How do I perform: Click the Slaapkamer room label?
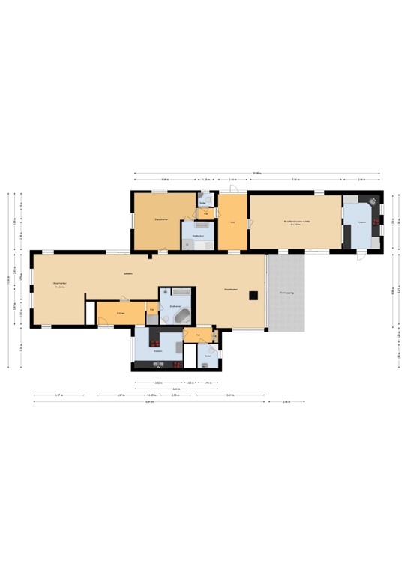point(160,219)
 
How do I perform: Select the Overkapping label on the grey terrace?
point(286,292)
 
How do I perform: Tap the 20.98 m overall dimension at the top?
point(256,174)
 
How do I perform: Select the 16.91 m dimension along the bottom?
point(150,402)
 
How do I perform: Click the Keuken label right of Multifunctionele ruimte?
point(361,222)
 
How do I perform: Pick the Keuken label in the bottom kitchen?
point(158,350)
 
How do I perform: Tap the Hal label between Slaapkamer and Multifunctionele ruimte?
point(232,222)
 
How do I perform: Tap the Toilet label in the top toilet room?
point(202,203)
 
